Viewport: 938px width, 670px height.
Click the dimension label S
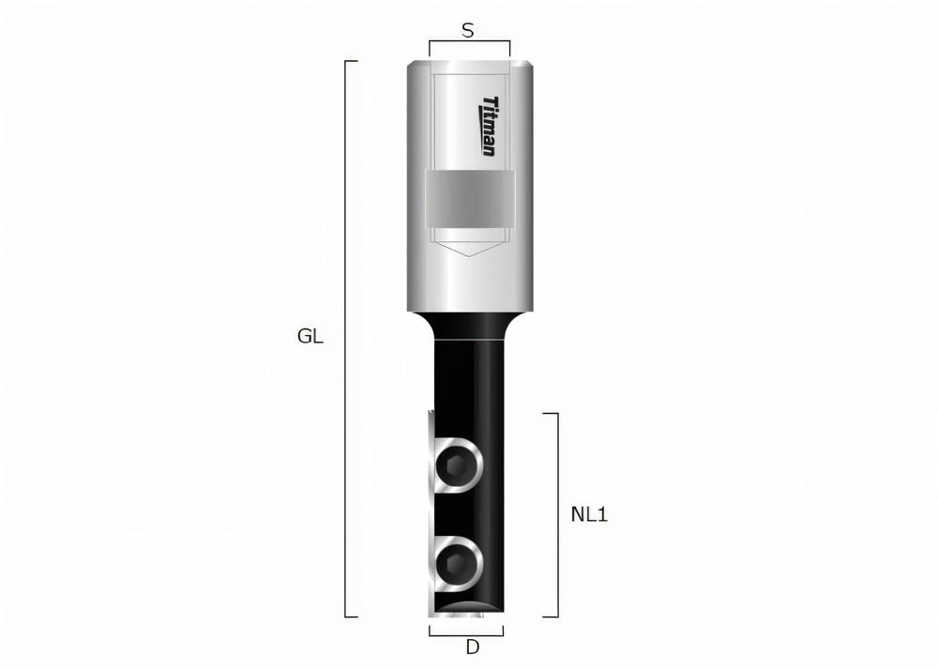pos(468,30)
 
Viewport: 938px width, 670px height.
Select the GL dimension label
pos(310,337)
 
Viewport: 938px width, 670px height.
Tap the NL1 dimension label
pos(589,514)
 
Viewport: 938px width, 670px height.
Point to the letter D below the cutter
pos(473,647)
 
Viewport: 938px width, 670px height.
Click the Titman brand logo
pos(489,127)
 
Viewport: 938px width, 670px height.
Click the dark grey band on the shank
pos(470,199)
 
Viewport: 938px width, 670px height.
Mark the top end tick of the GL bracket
pos(352,61)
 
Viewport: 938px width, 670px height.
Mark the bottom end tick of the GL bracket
pos(352,617)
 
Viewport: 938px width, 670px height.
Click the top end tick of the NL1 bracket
pos(552,413)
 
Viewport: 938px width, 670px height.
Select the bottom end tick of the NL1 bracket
pos(552,617)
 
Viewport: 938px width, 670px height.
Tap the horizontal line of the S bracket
pos(469,41)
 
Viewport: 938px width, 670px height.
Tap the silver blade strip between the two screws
pos(432,513)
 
